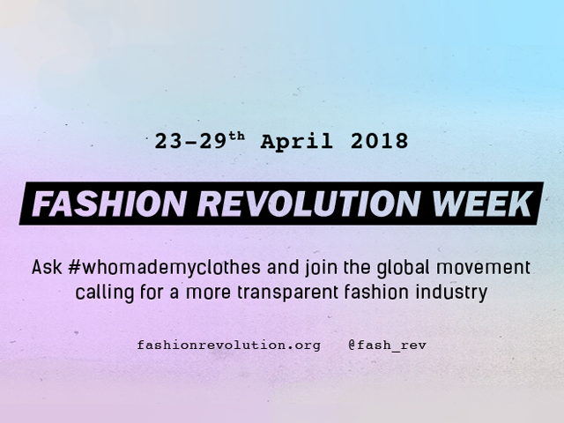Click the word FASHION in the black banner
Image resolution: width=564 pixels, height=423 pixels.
(x=109, y=204)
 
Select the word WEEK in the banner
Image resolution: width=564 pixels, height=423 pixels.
(x=482, y=204)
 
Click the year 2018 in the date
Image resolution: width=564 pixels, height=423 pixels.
(x=380, y=141)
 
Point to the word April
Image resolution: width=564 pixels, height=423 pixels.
(x=297, y=142)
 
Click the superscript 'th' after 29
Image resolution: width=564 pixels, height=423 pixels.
(x=237, y=137)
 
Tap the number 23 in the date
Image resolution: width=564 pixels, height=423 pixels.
(x=168, y=141)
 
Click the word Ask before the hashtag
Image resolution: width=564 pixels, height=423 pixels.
(x=47, y=267)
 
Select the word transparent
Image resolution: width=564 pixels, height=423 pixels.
(x=287, y=293)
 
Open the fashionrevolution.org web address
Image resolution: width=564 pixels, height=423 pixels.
(x=229, y=345)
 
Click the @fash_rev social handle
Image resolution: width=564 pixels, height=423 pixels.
(x=388, y=345)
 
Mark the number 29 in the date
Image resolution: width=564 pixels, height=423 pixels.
(x=214, y=141)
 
